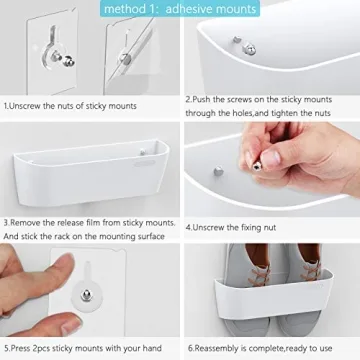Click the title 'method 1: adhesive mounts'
180,9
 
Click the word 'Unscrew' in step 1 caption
26,102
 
